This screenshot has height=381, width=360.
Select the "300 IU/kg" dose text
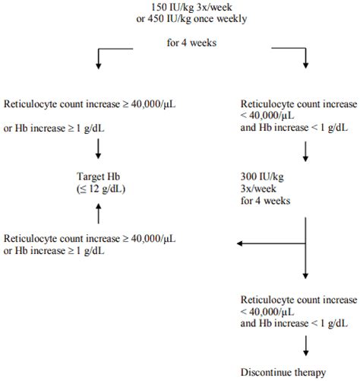pyautogui.click(x=264, y=177)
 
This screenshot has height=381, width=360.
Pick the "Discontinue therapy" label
pyautogui.click(x=283, y=373)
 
